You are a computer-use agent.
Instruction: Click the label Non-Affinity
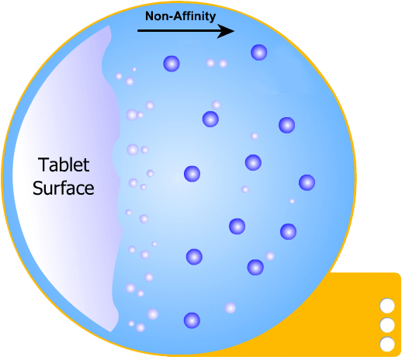(180, 16)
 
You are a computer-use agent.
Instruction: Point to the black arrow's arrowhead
(226, 31)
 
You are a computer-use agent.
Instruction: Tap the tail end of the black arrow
(138, 31)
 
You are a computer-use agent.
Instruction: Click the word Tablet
(64, 164)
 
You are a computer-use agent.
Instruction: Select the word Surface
(64, 188)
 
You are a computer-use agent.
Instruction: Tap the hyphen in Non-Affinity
(170, 17)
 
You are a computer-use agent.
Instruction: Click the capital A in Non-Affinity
(178, 16)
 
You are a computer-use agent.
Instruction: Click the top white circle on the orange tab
(387, 306)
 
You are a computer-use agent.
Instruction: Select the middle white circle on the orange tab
(387, 325)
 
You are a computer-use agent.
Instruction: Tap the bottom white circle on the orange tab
(387, 344)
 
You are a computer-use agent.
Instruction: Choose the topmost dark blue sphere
(259, 53)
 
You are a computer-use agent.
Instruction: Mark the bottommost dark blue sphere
(192, 320)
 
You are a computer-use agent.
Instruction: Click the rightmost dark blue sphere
(307, 182)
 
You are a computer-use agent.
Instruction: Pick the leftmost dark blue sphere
(172, 64)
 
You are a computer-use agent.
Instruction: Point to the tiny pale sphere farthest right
(292, 201)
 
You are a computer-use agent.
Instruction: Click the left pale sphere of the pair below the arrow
(210, 63)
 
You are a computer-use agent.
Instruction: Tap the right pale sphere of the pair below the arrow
(223, 64)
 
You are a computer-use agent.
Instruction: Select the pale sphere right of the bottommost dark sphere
(230, 308)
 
